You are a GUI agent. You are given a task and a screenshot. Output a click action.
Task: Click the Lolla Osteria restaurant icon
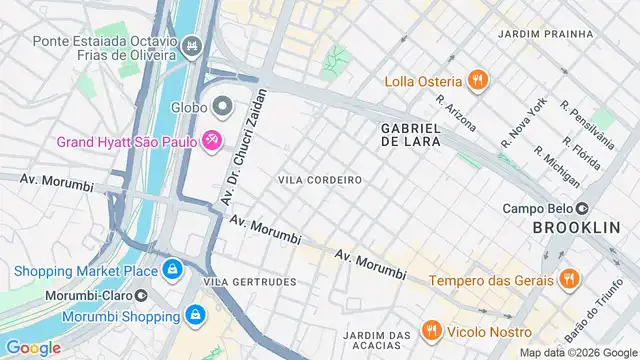tap(479, 81)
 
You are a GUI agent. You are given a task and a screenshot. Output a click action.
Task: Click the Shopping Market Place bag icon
tap(173, 270)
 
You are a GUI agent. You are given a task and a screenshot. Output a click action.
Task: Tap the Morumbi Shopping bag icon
tap(195, 316)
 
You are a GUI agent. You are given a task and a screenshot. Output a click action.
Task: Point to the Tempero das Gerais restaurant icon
tap(568, 279)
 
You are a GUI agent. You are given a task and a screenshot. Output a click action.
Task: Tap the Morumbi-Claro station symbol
tap(141, 296)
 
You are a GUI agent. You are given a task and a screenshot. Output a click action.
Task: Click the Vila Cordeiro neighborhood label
tap(320, 179)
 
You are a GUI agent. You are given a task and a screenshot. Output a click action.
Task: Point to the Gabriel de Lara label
tap(410, 135)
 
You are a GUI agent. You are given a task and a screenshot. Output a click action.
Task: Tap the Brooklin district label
tap(576, 229)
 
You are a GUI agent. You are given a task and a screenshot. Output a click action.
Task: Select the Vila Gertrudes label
tap(250, 282)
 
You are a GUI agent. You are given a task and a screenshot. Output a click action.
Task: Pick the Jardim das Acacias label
tap(377, 340)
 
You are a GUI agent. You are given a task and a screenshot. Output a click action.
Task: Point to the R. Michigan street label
tap(556, 166)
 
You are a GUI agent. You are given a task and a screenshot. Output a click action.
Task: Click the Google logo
tap(33, 348)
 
